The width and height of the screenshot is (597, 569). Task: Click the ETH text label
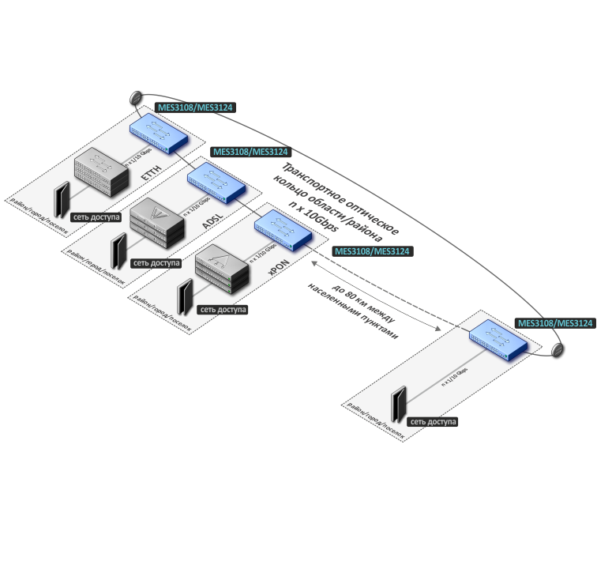coord(146,174)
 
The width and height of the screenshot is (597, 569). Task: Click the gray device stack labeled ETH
coord(100,173)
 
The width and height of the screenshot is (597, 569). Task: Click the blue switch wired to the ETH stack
coord(160,130)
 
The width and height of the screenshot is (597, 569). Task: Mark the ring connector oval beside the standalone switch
coord(558,349)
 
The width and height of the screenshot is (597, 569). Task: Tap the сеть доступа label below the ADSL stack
coord(156,262)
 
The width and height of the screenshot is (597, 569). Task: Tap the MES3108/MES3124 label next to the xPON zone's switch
coord(373,251)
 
